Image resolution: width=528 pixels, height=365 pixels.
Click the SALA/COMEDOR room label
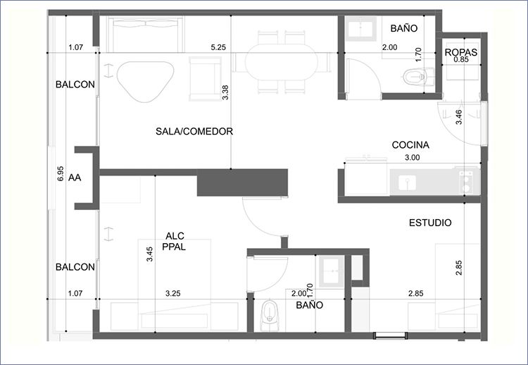tap(194, 131)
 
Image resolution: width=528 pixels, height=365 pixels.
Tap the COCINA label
tap(410, 145)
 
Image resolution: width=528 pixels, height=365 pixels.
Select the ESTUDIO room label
tap(430, 223)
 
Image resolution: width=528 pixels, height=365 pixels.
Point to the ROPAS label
tap(461, 52)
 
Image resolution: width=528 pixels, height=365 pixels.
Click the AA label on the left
tap(75, 178)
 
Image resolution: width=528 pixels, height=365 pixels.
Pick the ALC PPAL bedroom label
tap(174, 241)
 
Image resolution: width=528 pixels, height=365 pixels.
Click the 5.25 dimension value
tap(218, 47)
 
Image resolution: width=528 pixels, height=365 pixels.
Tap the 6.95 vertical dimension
tap(61, 173)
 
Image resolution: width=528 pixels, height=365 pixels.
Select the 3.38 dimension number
tap(225, 92)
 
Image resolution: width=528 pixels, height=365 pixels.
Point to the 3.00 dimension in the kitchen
tap(412, 157)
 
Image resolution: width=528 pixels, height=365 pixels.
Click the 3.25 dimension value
tap(172, 294)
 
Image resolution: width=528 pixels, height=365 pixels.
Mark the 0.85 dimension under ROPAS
tap(461, 60)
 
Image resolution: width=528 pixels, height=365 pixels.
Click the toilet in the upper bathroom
tap(417, 77)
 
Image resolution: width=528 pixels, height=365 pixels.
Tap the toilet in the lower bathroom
tap(270, 314)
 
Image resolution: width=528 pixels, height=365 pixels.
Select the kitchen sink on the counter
tap(407, 182)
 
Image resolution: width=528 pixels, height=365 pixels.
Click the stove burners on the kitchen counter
tap(467, 182)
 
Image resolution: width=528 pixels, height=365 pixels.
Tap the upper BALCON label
tap(75, 85)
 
